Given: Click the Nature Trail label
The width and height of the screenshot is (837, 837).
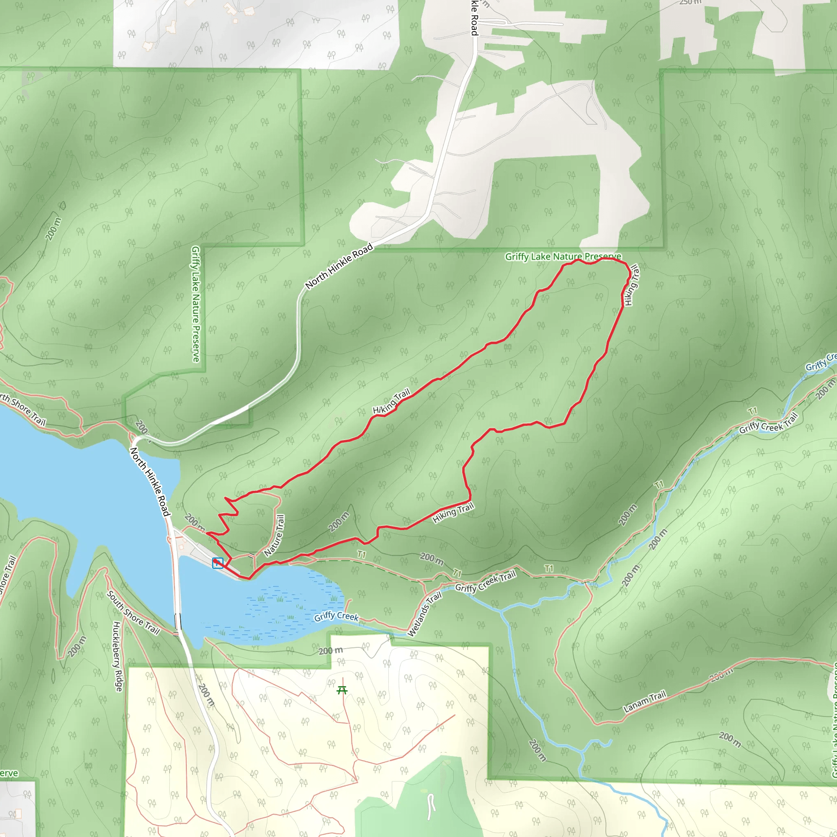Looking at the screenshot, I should (274, 535).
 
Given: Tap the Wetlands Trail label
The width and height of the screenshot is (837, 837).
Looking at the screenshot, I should (425, 614).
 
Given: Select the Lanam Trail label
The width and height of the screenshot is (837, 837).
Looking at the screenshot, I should (644, 702).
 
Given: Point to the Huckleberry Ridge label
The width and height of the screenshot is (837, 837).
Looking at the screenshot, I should (117, 656).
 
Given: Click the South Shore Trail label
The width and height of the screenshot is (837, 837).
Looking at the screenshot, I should (133, 613).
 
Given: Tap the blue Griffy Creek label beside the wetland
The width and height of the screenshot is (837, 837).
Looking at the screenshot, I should (336, 616).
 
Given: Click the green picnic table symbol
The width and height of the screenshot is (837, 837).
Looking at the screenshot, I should (342, 690).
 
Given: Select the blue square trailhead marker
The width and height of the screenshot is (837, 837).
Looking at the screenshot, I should (217, 563).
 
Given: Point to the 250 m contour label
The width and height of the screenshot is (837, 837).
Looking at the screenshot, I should (690, 2).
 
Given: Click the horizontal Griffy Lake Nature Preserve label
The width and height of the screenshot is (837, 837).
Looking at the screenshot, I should (563, 257).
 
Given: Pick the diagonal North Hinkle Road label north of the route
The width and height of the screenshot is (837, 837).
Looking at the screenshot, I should (339, 266).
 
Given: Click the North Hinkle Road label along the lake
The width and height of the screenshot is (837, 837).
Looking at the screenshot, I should (150, 482).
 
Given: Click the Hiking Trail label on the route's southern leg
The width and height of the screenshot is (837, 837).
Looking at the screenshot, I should (453, 513).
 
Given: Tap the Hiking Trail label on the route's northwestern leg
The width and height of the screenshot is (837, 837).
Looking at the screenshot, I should (391, 401).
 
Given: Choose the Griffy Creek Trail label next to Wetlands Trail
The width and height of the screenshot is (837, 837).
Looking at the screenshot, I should (486, 582).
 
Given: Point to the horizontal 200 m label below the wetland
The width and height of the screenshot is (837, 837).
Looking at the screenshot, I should (331, 651).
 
